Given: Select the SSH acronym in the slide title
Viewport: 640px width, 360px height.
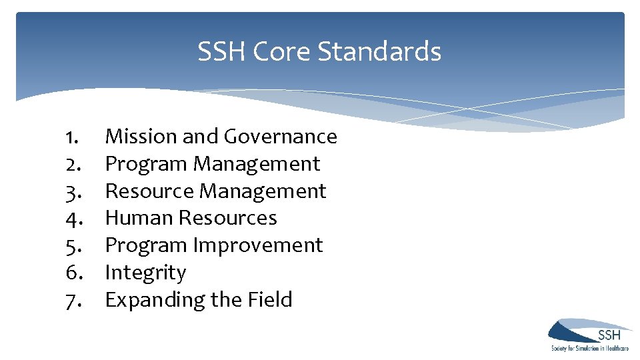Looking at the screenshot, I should coord(221,51).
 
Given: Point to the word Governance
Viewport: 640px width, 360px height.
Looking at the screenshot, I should coord(281,136).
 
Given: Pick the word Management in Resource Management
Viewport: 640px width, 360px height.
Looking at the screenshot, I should coord(263,191).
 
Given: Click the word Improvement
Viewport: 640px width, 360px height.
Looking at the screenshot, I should coord(258,245).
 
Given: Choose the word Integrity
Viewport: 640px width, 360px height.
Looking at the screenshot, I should coord(145,273).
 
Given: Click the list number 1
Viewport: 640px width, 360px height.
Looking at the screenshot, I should coord(73,137).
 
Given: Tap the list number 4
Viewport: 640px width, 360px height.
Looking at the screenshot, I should coord(73,219).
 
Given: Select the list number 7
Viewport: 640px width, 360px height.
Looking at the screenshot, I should coord(73,301).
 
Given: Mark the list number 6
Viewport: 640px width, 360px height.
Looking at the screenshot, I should coord(73,273).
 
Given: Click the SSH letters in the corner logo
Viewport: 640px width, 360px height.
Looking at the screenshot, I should coord(609,335).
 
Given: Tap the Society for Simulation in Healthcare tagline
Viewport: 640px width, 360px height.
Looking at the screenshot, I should coord(589,348).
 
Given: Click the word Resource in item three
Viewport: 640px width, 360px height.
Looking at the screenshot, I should coord(150,191).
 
